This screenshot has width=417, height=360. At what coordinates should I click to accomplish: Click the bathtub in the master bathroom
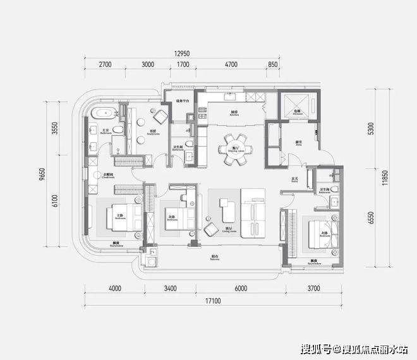102,114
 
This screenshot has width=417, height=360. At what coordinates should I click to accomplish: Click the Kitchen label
233,114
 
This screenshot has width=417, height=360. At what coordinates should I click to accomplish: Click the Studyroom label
152,133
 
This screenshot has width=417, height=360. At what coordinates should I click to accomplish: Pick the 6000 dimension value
239,289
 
